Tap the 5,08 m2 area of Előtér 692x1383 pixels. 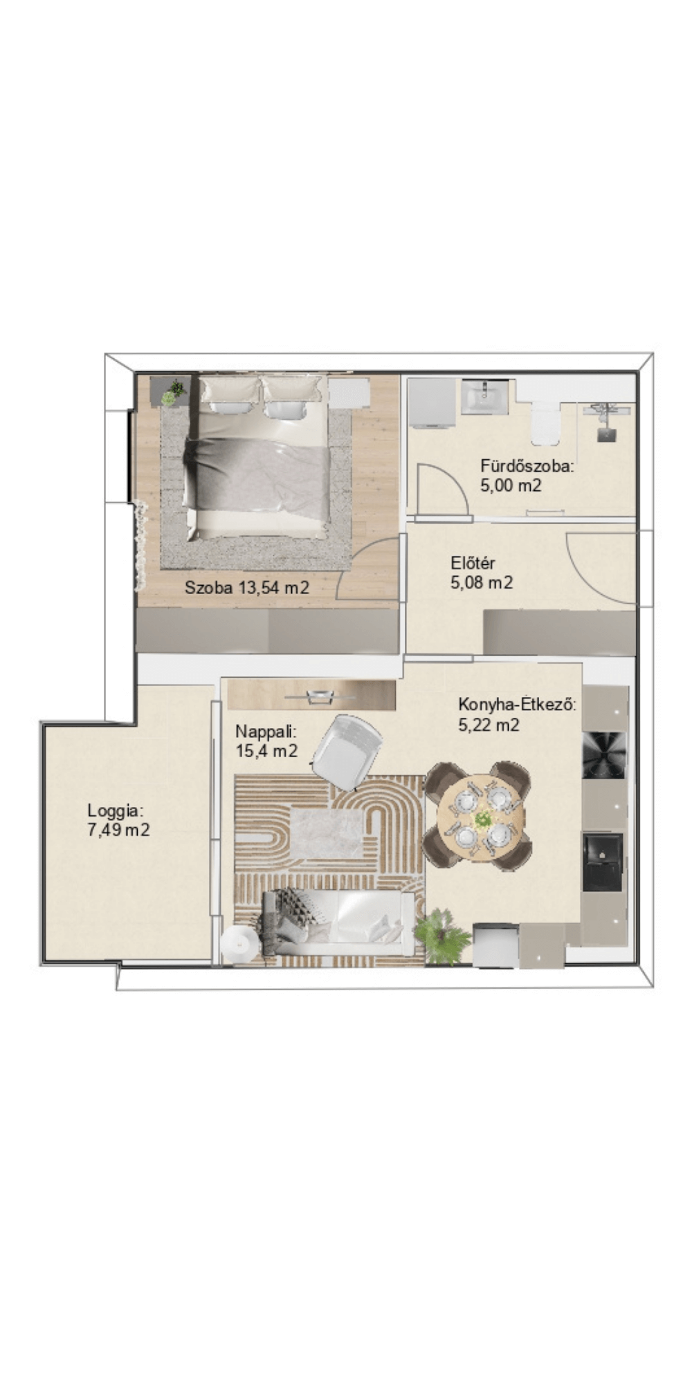(x=482, y=583)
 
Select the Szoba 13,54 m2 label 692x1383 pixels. (x=247, y=588)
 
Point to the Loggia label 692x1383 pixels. (x=116, y=810)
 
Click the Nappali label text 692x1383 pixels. (x=266, y=732)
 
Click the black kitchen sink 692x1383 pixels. (x=603, y=862)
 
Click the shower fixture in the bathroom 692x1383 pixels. (x=606, y=420)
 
